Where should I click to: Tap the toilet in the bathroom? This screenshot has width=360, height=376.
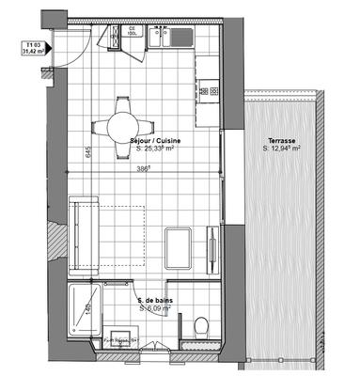tap(198, 324)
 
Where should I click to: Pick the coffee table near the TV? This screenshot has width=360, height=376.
tap(179, 243)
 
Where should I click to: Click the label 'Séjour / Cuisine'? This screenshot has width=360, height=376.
tap(156, 139)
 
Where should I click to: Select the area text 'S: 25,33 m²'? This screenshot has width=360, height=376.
tap(156, 148)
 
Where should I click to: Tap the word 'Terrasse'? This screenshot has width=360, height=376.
tap(280, 139)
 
